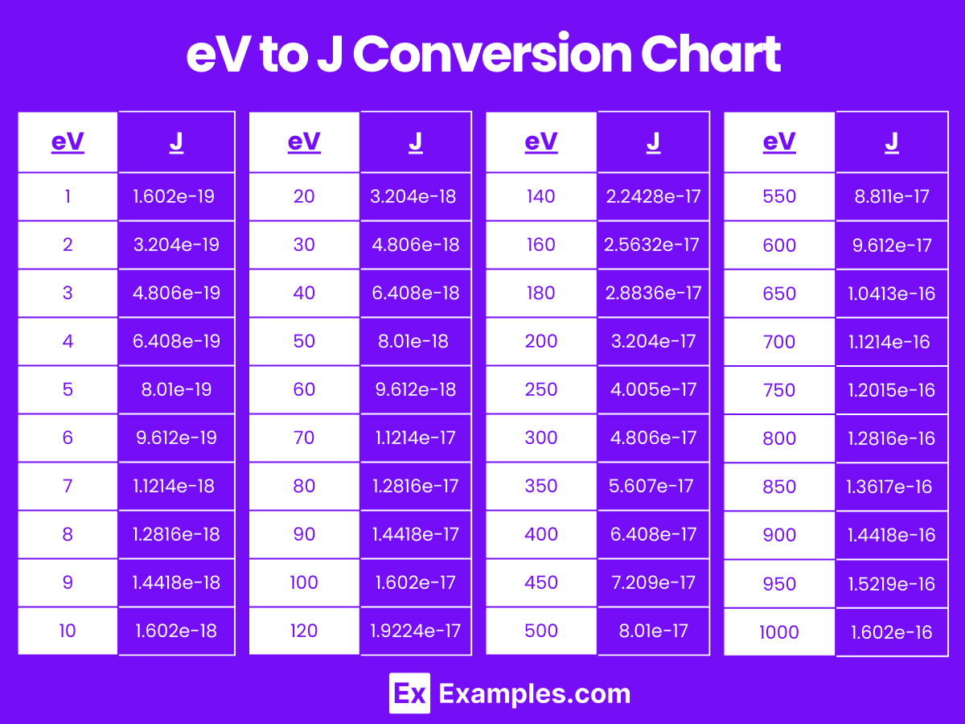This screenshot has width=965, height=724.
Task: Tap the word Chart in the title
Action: [x=711, y=55]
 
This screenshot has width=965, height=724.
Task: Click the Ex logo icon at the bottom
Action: [x=409, y=693]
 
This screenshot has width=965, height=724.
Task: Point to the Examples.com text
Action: [x=535, y=693]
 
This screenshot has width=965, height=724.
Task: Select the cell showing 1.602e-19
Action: [x=175, y=196]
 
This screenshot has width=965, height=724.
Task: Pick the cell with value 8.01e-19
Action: [x=175, y=389]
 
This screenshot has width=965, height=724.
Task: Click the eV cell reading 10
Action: [x=68, y=631]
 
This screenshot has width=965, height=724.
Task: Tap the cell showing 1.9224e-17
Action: [x=416, y=631]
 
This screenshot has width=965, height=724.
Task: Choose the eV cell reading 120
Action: [x=304, y=631]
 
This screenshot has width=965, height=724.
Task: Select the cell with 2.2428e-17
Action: [x=653, y=196]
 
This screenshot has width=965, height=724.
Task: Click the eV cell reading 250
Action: [x=541, y=389]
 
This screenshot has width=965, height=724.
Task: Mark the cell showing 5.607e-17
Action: [x=653, y=486]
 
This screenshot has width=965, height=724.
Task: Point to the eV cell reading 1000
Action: [x=779, y=632]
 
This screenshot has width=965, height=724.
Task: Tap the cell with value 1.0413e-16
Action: [x=892, y=294]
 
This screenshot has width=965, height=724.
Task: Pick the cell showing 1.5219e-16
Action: [x=892, y=584]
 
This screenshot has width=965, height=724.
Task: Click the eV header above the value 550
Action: [x=779, y=142]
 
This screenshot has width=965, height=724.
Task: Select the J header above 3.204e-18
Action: [x=416, y=142]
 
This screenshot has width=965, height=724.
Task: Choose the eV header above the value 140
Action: [x=541, y=142]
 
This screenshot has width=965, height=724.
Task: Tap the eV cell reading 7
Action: [x=68, y=486]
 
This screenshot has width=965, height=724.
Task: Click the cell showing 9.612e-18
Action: [x=416, y=389]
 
